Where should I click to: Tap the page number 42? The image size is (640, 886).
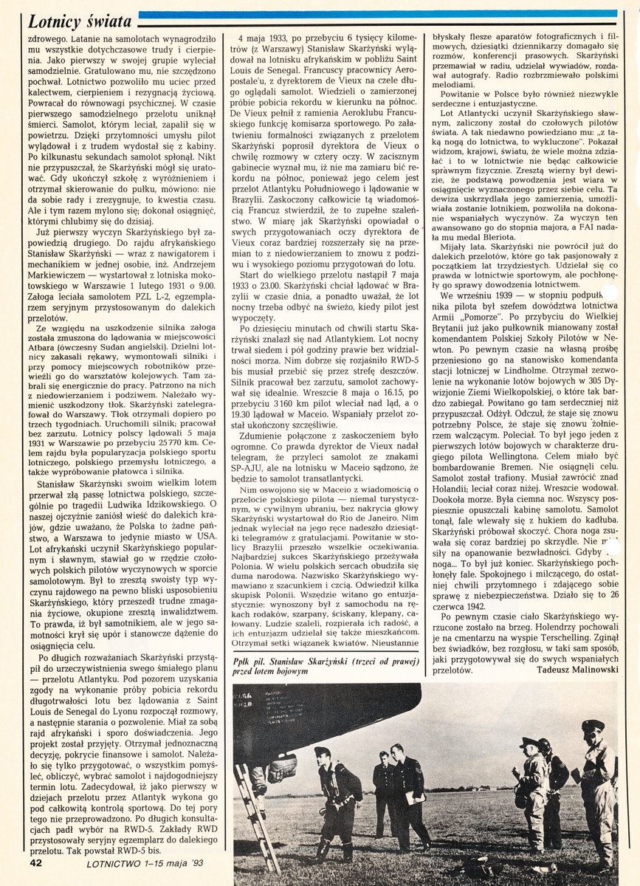click(x=38, y=862)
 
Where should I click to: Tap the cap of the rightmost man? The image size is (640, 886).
click(x=592, y=727)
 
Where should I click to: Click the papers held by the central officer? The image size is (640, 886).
click(x=409, y=799)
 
